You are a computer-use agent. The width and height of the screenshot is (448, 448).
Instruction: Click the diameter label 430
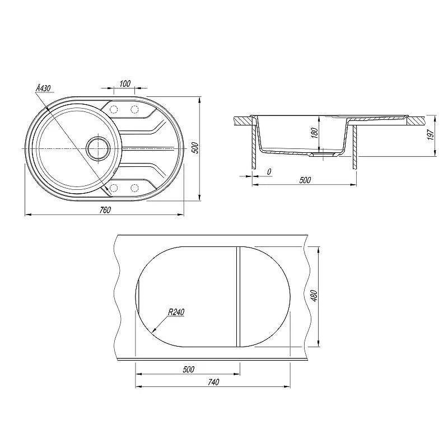pos(43,88)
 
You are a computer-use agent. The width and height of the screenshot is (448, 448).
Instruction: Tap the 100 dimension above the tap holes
pos(125,83)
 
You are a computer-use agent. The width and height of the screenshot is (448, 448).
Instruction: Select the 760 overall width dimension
pos(105,209)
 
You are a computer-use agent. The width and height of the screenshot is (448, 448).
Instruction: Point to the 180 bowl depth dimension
pos(314,133)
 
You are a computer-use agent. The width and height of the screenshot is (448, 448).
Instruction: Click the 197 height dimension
pos(431,134)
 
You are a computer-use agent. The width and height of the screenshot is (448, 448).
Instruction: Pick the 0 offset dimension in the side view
pos(269,172)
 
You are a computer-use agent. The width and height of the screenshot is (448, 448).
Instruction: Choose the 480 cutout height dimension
pos(314,296)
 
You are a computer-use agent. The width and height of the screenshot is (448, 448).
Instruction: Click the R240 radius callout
pos(176,312)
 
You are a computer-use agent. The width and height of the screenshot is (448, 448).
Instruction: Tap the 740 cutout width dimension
pos(213,382)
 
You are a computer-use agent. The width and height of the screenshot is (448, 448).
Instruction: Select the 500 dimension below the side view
pos(305,180)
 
